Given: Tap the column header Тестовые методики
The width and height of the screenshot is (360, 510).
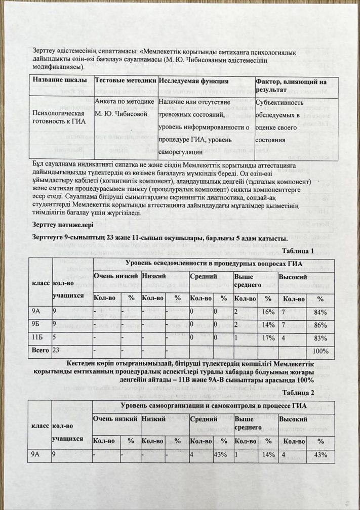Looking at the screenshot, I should [x=125, y=81].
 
